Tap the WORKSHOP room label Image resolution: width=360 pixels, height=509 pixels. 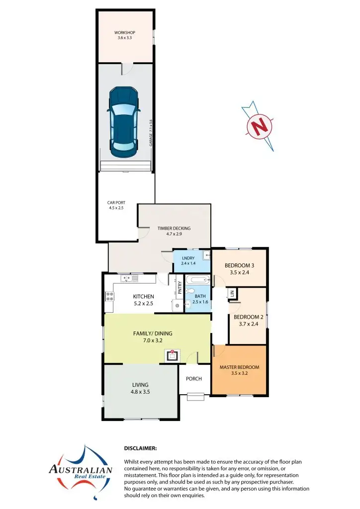tap(124, 33)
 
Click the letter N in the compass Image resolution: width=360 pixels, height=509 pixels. tap(259, 126)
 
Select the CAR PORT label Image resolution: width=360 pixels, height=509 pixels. tap(116, 203)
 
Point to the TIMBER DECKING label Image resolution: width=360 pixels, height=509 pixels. tap(174, 229)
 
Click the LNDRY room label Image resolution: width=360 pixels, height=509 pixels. tap(187, 258)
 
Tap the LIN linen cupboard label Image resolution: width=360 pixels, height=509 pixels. tap(232, 294)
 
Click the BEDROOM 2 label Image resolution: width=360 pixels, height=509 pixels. tap(248, 317)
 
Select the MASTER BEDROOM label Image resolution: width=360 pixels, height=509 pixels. tap(239, 368)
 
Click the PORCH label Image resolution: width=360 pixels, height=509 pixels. tap(194, 379)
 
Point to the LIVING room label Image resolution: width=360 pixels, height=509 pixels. tap(140, 385)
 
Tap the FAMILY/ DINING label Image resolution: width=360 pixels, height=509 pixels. tap(152, 334)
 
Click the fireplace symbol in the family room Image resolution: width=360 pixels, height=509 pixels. tap(173, 355)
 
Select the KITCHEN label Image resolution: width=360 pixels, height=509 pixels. tap(143, 297)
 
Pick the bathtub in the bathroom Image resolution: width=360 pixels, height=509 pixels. tap(197, 280)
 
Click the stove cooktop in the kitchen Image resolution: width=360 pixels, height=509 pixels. tap(109, 297)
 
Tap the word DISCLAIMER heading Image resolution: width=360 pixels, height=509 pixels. tap(140, 448)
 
